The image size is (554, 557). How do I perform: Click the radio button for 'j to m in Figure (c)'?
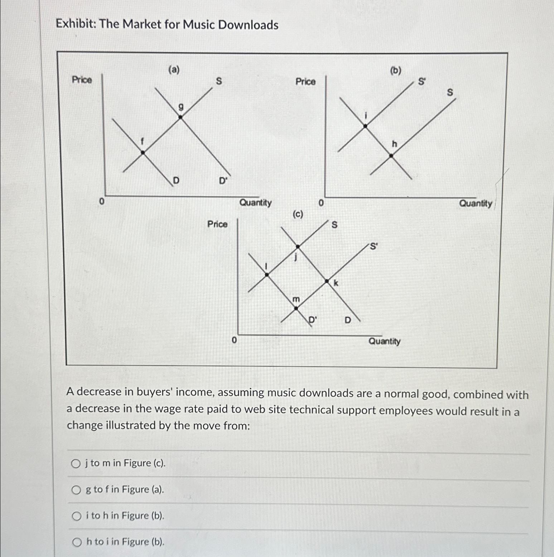click(76, 464)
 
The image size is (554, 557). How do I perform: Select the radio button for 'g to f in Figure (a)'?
click(76, 490)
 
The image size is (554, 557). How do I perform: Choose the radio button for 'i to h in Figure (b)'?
click(76, 516)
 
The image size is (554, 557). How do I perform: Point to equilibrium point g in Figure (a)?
click(180, 117)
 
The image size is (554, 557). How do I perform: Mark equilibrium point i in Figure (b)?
click(365, 126)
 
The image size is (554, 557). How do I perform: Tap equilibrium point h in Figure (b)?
click(391, 156)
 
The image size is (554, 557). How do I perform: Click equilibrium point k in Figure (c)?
click(327, 282)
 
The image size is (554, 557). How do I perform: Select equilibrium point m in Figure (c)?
click(296, 308)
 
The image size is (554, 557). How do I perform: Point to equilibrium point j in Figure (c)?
click(298, 246)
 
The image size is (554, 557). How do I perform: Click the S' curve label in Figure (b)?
click(422, 82)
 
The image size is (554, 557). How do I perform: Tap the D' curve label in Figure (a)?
click(223, 181)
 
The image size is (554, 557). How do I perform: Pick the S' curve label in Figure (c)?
click(374, 246)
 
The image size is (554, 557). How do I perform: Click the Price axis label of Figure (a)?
click(82, 79)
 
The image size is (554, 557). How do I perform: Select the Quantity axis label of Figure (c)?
click(385, 341)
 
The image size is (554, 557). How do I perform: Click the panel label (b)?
click(395, 70)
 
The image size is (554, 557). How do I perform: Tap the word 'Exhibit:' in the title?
click(76, 24)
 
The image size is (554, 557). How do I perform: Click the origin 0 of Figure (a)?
click(102, 202)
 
